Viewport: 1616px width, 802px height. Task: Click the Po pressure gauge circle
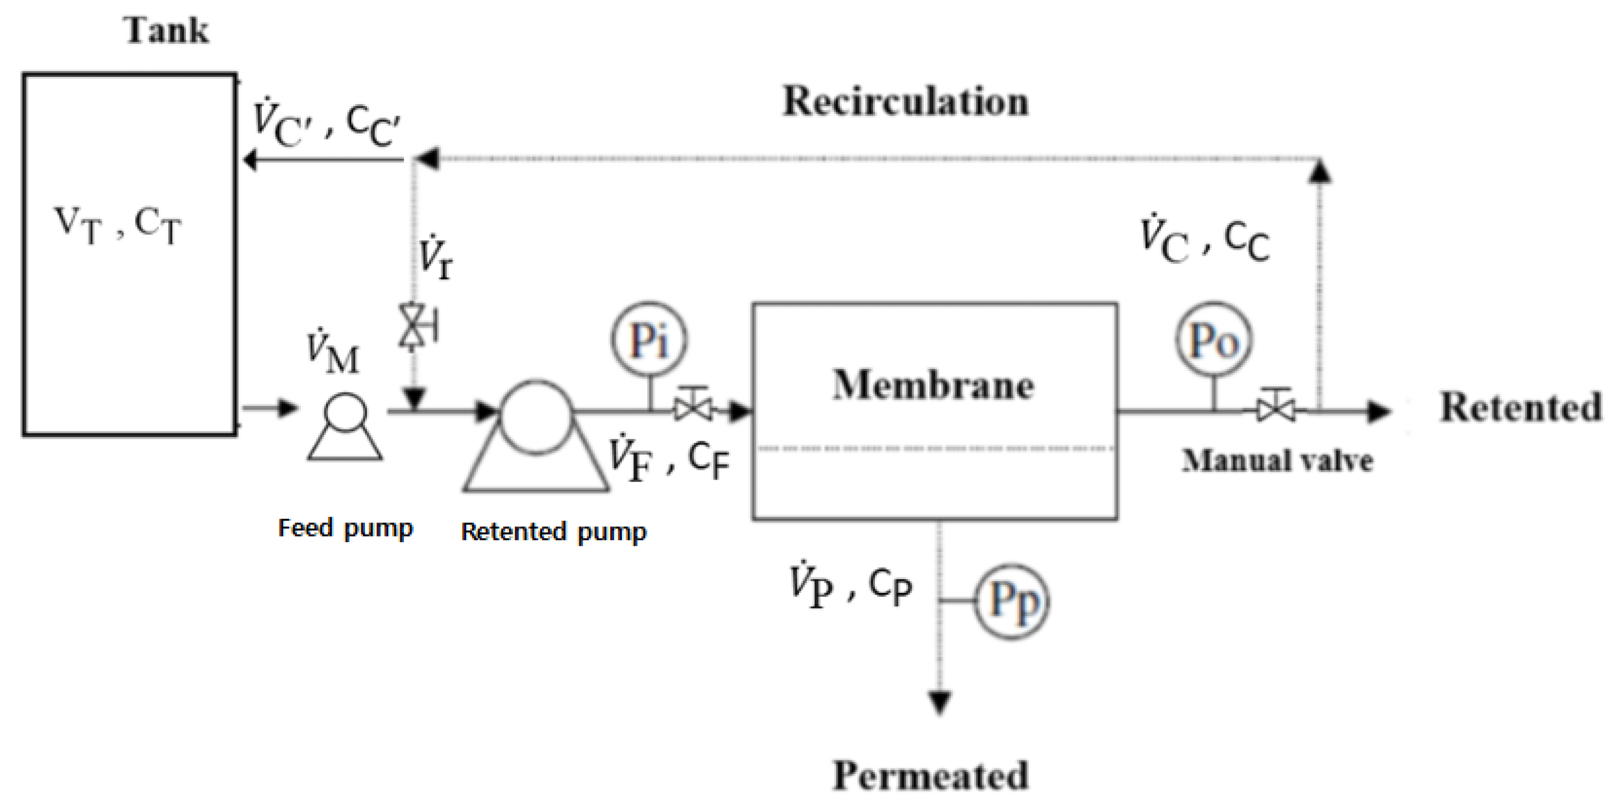(1213, 341)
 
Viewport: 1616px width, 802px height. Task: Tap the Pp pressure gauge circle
(1012, 602)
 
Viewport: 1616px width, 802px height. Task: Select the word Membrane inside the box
(934, 385)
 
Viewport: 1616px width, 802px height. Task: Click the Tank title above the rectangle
(166, 30)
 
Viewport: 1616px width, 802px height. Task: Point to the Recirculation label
(905, 101)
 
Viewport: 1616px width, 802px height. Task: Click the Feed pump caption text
(346, 528)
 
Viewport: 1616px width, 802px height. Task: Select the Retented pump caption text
(553, 532)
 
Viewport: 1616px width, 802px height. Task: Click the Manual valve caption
(1277, 460)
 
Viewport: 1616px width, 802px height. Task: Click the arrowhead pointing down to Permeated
(939, 701)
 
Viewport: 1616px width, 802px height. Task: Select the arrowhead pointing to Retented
(1379, 411)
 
